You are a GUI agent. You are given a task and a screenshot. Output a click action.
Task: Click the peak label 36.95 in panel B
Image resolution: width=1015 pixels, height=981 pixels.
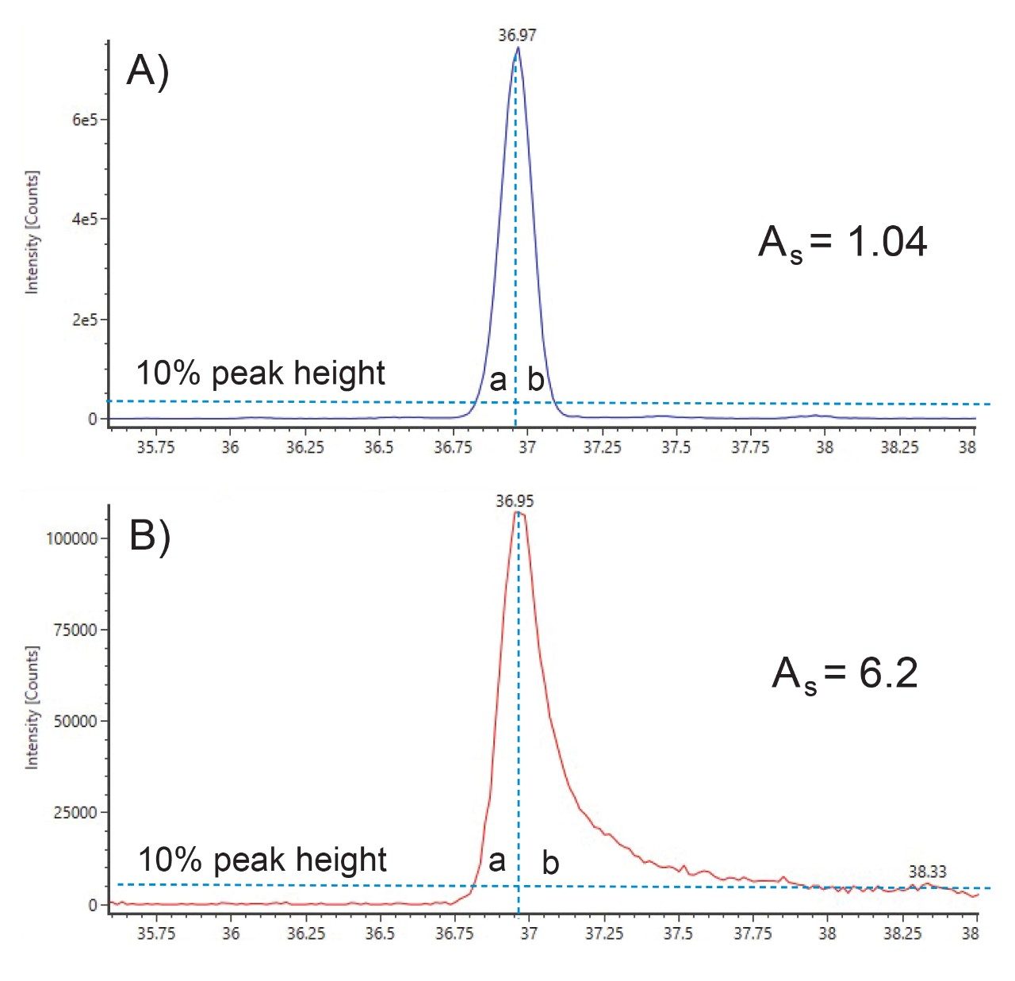[x=515, y=500]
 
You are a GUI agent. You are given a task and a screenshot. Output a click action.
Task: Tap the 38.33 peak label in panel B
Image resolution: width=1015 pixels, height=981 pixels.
[x=927, y=872]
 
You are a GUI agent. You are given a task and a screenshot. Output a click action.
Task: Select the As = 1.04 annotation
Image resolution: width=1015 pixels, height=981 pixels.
[x=842, y=242]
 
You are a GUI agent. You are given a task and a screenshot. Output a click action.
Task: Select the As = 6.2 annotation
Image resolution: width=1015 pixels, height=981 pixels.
[x=845, y=674]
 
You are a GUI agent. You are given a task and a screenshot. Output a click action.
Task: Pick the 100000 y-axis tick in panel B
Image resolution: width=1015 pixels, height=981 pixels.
[x=71, y=538]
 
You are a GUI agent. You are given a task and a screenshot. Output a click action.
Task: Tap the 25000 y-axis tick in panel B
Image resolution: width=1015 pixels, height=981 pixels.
[x=76, y=812]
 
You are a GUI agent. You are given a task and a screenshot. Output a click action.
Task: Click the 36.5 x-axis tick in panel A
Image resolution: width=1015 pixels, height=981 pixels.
[x=379, y=447]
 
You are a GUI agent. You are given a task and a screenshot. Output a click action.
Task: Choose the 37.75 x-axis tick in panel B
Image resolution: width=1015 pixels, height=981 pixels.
[x=752, y=933]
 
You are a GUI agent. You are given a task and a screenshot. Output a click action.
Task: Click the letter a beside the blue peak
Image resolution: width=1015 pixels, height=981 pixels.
[x=498, y=381]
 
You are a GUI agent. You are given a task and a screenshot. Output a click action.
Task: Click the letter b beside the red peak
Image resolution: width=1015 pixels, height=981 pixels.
[x=550, y=863]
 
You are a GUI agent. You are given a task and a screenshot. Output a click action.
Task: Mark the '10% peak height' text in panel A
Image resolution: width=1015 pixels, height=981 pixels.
[x=260, y=373]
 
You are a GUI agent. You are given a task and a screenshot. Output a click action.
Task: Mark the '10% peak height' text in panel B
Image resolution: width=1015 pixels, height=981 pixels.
[x=262, y=860]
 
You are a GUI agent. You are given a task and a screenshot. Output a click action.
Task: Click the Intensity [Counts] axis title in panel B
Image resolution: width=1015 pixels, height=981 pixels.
[x=33, y=707]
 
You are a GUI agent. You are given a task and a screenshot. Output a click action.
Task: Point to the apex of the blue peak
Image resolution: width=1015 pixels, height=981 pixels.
[x=518, y=48]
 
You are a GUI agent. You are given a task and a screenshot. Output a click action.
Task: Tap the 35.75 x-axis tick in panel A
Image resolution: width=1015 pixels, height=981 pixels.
[x=155, y=447]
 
